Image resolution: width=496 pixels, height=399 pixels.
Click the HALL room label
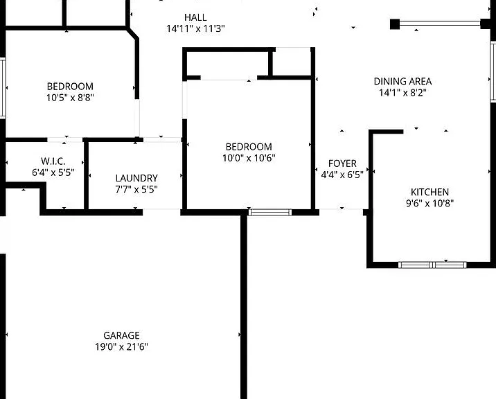[x=195, y=17]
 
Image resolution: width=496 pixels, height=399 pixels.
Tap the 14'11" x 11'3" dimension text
[x=195, y=28]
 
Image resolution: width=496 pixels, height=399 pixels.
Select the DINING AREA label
[x=402, y=81]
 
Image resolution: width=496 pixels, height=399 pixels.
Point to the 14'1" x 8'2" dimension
[x=402, y=93]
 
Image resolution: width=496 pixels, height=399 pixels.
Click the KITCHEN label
[x=429, y=192]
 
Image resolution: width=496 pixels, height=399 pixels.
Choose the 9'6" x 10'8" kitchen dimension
[x=429, y=203]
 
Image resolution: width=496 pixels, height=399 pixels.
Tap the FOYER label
[x=342, y=163]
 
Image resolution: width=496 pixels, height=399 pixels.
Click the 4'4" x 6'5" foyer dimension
[x=342, y=175]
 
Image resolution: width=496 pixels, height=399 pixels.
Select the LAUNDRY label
[x=136, y=178]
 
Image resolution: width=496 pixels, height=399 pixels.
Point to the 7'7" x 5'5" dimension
[x=136, y=189]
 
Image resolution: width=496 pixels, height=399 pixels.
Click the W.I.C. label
[x=53, y=161]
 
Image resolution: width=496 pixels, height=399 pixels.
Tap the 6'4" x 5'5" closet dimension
[x=53, y=172]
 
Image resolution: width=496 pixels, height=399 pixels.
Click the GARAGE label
[x=121, y=335]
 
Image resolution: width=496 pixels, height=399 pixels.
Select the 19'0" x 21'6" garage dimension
[x=121, y=346]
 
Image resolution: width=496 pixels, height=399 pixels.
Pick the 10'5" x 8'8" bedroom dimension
[x=70, y=98]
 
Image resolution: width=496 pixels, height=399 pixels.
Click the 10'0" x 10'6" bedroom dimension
[x=249, y=158]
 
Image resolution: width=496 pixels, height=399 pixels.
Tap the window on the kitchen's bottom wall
[x=432, y=265]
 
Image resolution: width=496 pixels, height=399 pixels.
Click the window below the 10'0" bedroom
[x=270, y=212]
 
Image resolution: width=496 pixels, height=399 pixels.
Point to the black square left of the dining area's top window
[x=394, y=24]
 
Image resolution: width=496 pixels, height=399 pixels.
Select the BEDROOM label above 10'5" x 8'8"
[x=70, y=86]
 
